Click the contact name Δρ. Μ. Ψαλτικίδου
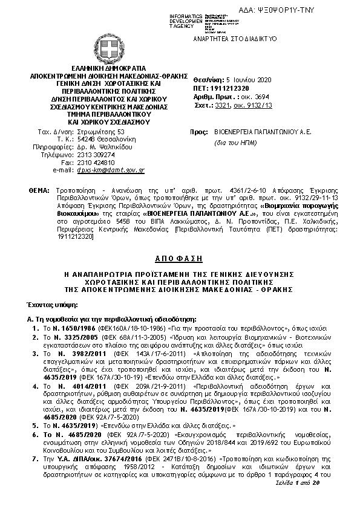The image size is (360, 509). click(x=103, y=146)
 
